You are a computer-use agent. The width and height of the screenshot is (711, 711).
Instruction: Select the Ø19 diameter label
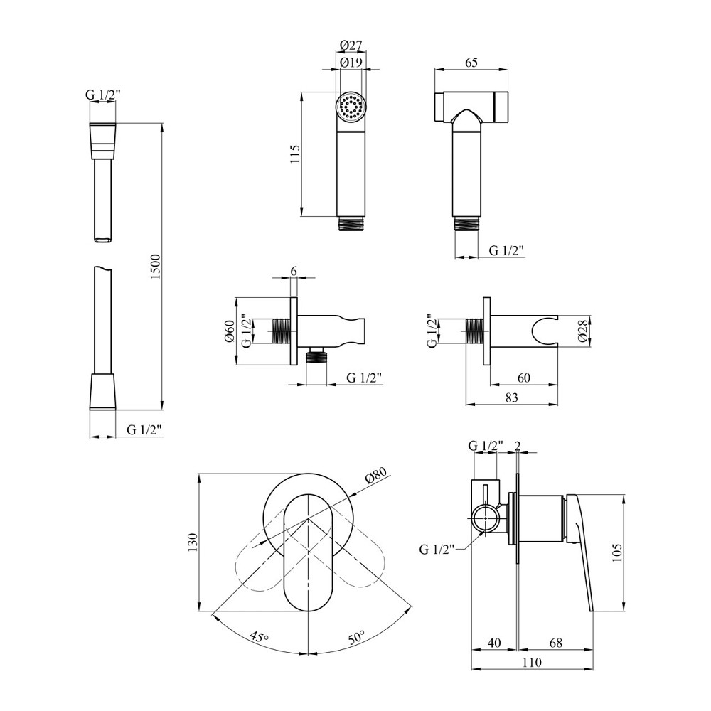coord(351,63)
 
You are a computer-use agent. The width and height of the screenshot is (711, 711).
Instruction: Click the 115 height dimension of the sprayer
coord(296,154)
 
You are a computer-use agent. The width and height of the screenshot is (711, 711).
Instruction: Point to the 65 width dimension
coord(471,63)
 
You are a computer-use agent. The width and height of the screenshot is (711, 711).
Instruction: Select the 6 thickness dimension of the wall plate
coord(294,271)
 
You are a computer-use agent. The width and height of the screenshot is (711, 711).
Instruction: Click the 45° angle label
coord(258,635)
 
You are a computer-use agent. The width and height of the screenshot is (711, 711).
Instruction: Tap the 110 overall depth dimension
coord(531,663)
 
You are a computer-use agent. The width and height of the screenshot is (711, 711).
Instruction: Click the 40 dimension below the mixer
coord(494,643)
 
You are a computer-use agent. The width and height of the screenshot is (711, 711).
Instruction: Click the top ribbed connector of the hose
coord(103,141)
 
